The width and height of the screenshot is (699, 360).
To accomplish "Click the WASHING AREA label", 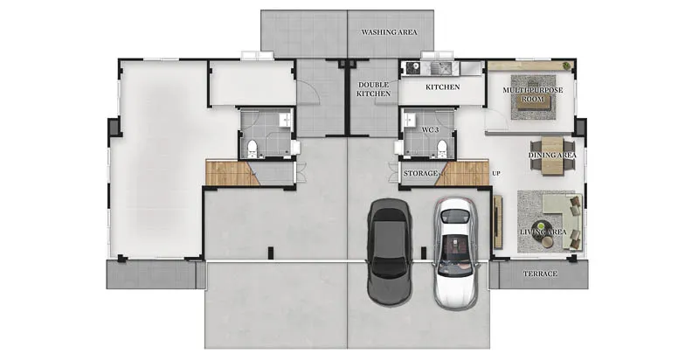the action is [389, 32].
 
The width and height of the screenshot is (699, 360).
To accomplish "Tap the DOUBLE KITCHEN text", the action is [374, 89].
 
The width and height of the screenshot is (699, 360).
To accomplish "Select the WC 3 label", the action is [431, 130].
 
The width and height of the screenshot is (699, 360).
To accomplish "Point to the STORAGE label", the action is [420, 173].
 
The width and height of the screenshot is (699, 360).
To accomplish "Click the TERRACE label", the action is [540, 273].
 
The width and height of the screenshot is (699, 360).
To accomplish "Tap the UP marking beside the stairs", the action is [495, 173].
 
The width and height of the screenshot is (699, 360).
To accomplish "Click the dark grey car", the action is [389, 253].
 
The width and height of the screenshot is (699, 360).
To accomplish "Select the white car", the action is [455, 253].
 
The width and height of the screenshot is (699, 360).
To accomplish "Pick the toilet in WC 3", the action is [442, 149].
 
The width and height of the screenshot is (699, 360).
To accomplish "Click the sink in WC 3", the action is [409, 120].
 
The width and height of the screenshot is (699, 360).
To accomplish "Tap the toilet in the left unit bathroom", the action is [253, 149].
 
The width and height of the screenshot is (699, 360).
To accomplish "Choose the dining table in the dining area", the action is [552, 156].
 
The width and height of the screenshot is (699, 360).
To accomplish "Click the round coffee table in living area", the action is [543, 226].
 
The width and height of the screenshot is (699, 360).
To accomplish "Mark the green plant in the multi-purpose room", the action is [566, 66].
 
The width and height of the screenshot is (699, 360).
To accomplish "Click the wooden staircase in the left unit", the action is [232, 173].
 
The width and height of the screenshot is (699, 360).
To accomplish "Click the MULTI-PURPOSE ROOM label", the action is [533, 94].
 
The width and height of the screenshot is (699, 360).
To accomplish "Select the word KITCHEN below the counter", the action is [443, 87].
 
